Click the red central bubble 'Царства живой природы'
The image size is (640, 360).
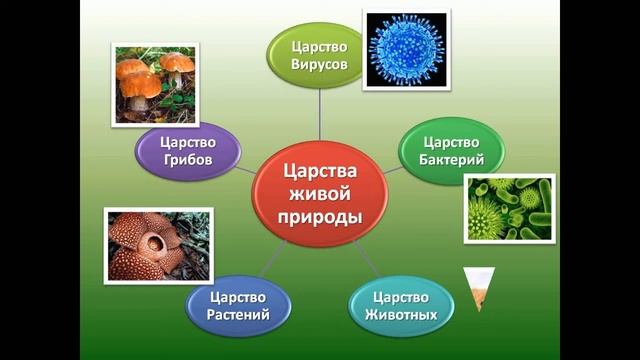point(319,190)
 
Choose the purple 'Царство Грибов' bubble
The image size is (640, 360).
point(189,151)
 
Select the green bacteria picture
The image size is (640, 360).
point(510,208)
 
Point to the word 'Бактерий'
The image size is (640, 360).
point(453,160)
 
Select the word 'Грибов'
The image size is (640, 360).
point(189,160)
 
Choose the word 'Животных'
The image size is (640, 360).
point(399,316)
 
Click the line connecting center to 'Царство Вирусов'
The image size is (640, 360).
point(319,115)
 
